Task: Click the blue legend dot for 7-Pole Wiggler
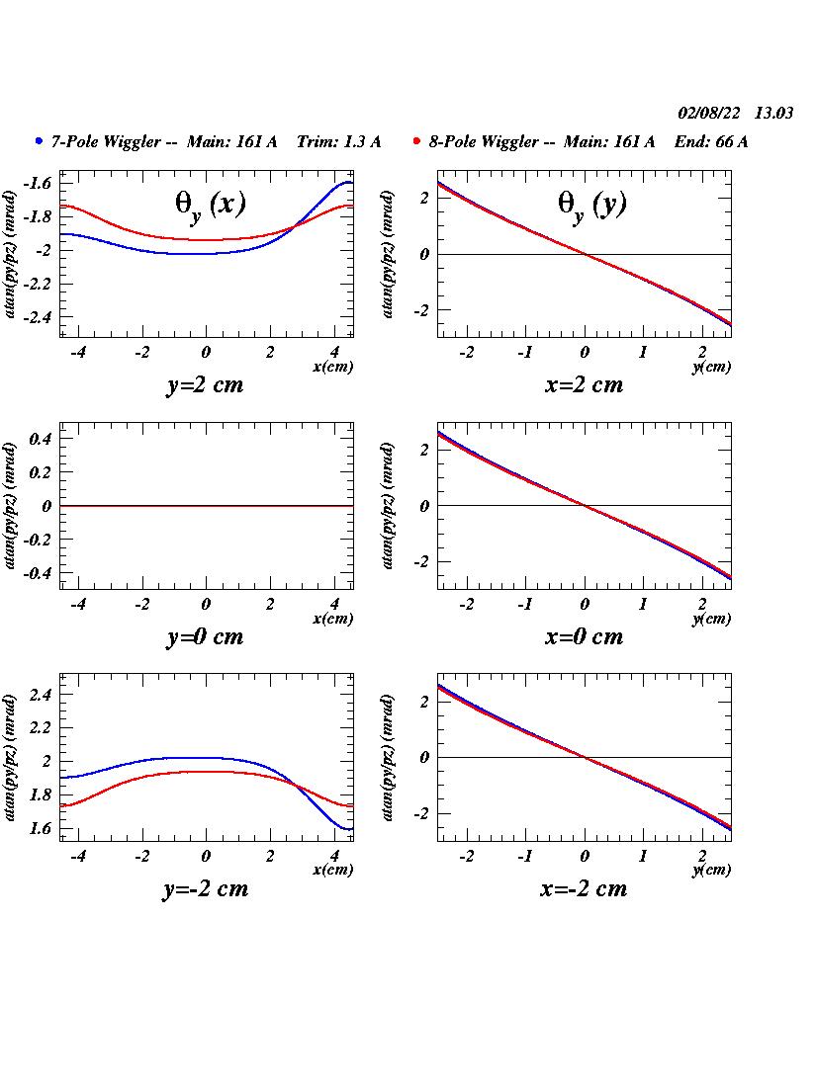pyautogui.click(x=39, y=141)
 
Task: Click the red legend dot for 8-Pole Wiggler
pyautogui.click(x=417, y=141)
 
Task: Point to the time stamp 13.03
pyautogui.click(x=773, y=114)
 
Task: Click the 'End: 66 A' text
pyautogui.click(x=711, y=142)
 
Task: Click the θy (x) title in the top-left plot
pyautogui.click(x=210, y=204)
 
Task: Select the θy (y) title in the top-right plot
pyautogui.click(x=592, y=204)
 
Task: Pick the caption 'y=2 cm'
pyautogui.click(x=204, y=385)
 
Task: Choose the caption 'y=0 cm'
pyautogui.click(x=204, y=636)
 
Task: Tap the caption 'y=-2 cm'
pyautogui.click(x=205, y=888)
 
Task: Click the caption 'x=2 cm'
pyautogui.click(x=584, y=385)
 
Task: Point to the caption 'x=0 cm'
pyautogui.click(x=584, y=636)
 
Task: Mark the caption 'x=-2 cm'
pyautogui.click(x=584, y=888)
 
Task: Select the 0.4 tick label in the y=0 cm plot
pyautogui.click(x=40, y=439)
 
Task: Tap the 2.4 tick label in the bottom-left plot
pyautogui.click(x=40, y=695)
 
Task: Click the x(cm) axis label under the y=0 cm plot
pyautogui.click(x=332, y=619)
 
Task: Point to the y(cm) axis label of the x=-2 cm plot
pyautogui.click(x=711, y=871)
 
